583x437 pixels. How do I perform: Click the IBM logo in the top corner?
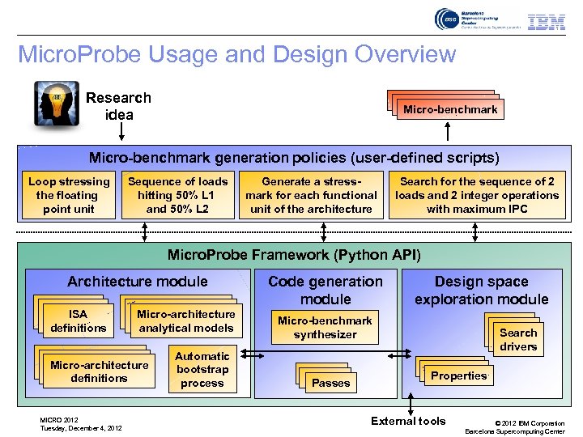tap(547, 22)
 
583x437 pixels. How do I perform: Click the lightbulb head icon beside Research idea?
tap(57, 104)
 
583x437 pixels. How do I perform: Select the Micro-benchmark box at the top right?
tap(451, 109)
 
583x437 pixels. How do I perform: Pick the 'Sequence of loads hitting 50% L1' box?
tap(178, 195)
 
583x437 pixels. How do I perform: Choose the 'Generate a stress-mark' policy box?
tap(311, 195)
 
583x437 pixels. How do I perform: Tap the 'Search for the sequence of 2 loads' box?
tap(477, 195)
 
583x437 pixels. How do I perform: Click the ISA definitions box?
tap(79, 320)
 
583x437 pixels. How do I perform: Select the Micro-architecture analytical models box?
tap(186, 320)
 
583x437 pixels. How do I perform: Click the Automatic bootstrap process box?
tap(202, 369)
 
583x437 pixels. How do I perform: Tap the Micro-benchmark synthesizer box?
tap(325, 327)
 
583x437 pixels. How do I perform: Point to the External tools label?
tap(408, 420)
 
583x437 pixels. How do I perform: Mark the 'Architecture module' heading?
tap(138, 282)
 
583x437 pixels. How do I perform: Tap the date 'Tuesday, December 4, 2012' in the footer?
tap(81, 428)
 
